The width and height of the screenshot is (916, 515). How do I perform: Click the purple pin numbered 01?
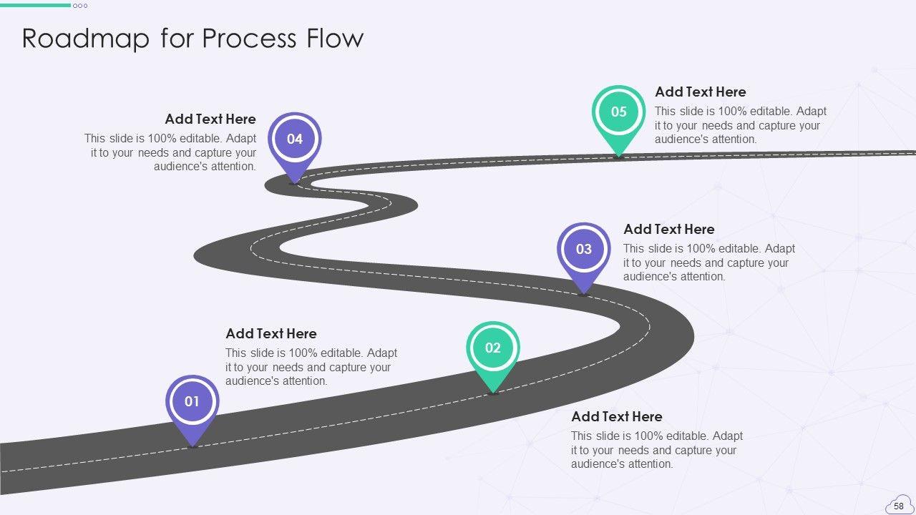click(x=193, y=402)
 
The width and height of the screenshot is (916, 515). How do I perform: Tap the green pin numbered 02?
click(x=493, y=348)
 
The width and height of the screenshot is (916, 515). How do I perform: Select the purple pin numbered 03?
click(x=584, y=249)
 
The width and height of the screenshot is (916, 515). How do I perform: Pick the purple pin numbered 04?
click(x=295, y=139)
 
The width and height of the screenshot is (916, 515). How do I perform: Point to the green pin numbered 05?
click(x=619, y=112)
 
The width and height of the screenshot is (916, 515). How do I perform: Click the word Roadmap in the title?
click(x=85, y=38)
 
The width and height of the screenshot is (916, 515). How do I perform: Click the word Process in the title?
click(x=250, y=38)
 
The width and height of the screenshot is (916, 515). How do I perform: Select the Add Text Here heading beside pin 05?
click(x=701, y=92)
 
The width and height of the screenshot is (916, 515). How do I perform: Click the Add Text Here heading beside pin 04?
click(x=210, y=119)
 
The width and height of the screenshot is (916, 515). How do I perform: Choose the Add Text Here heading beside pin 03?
click(x=669, y=229)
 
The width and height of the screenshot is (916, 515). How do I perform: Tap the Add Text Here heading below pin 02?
click(x=617, y=416)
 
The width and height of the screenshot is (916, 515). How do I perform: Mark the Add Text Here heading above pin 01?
click(x=271, y=333)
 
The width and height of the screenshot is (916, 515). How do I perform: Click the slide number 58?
click(x=899, y=506)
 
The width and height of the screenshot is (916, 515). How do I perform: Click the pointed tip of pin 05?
click(x=618, y=154)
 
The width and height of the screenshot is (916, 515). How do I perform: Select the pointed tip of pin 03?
click(x=584, y=292)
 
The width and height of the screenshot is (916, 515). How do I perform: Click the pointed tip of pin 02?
click(x=493, y=392)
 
